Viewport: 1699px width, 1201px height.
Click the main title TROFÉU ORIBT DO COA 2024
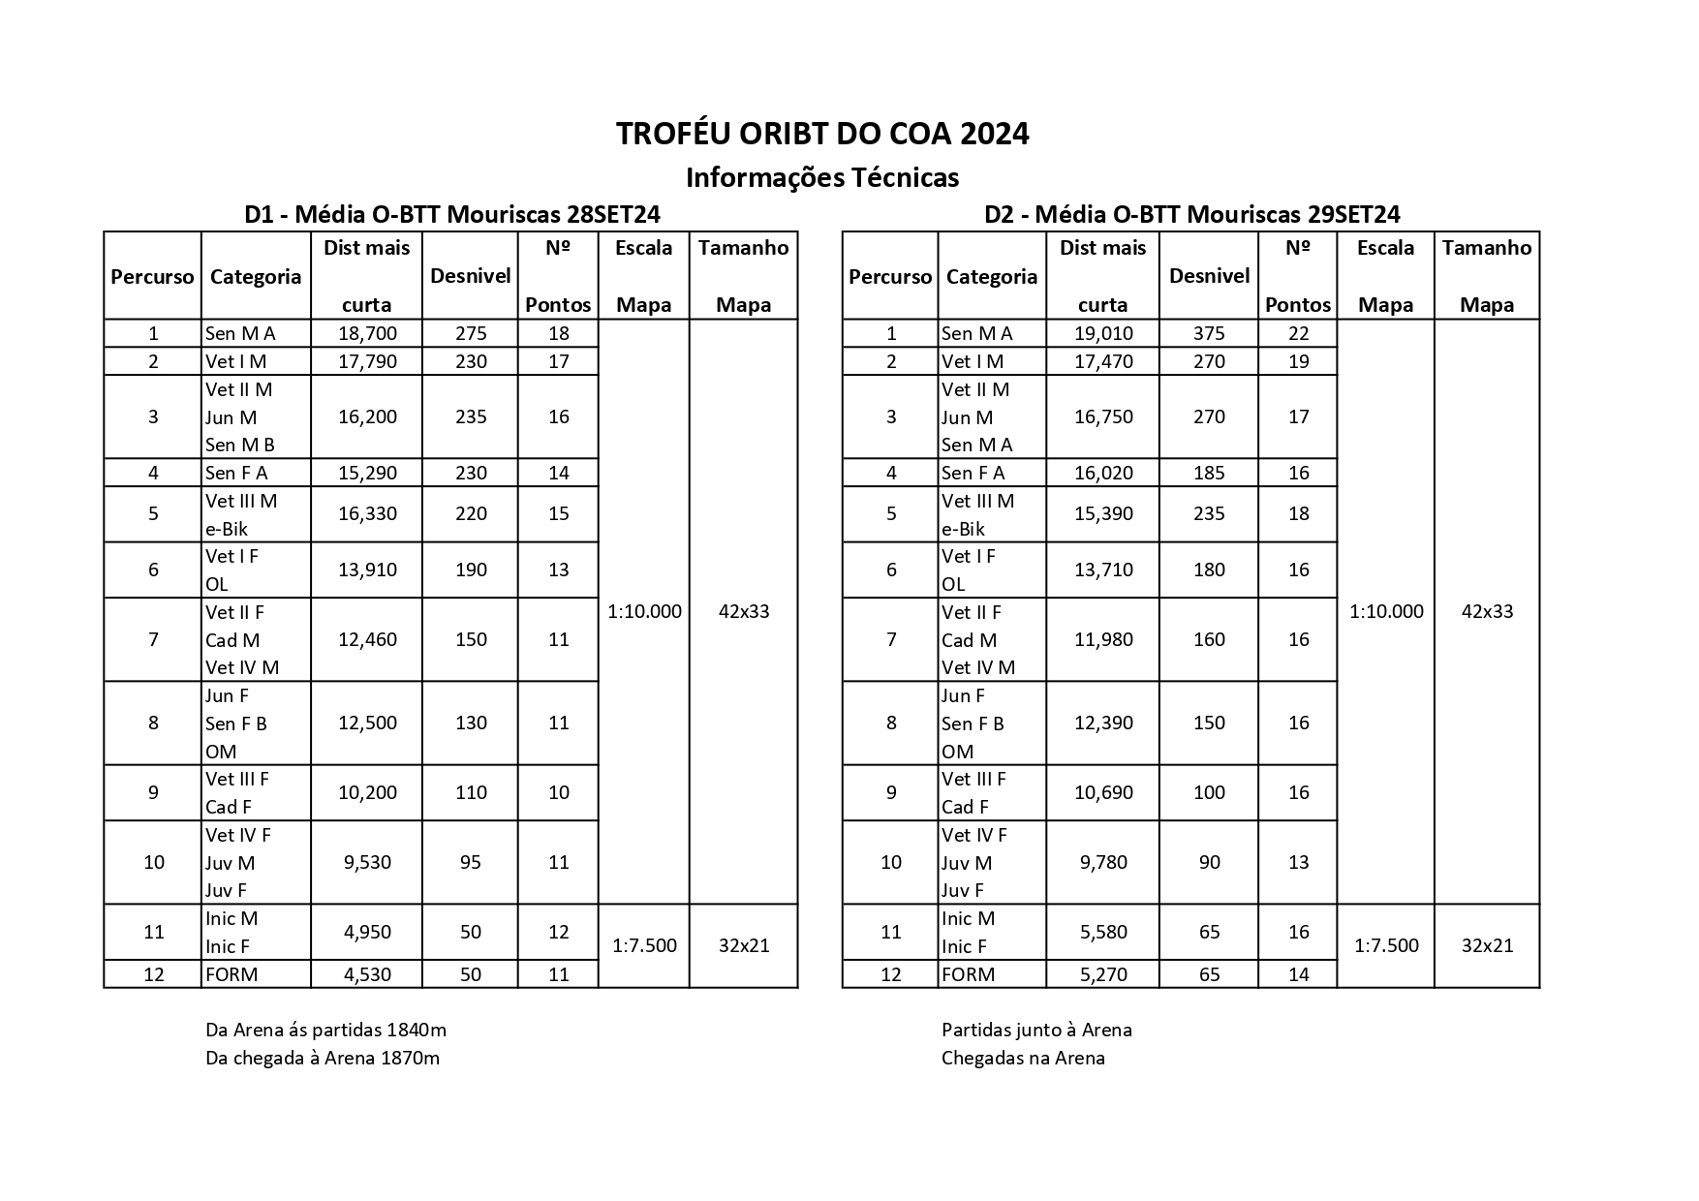[x=822, y=134]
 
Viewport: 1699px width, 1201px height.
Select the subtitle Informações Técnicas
[x=822, y=178]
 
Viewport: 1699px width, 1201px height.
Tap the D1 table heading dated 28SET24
[x=452, y=214]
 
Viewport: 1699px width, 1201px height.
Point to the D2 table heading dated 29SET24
[x=1191, y=214]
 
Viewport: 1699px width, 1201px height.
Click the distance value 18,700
[x=367, y=334]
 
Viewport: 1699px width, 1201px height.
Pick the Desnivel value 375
[x=1209, y=334]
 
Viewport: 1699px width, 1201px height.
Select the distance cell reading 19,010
[x=1103, y=334]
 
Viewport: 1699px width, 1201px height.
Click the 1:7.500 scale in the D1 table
[x=644, y=945]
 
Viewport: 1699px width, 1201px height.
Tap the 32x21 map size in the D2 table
[x=1487, y=945]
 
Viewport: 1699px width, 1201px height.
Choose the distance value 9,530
[x=367, y=862]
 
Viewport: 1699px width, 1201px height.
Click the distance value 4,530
[x=367, y=974]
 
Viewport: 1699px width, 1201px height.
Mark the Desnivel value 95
[x=471, y=862]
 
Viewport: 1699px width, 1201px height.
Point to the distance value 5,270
[x=1103, y=974]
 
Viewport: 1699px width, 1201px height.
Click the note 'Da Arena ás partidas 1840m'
[x=325, y=1030]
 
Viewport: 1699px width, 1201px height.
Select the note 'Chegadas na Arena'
[x=1023, y=1058]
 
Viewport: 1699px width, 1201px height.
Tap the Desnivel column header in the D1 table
[x=471, y=276]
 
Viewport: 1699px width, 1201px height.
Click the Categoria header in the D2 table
[x=992, y=277]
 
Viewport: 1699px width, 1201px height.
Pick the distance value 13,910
[x=367, y=570]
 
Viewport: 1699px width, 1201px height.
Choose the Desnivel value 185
[x=1209, y=473]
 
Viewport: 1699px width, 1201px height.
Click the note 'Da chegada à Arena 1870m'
[x=323, y=1058]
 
